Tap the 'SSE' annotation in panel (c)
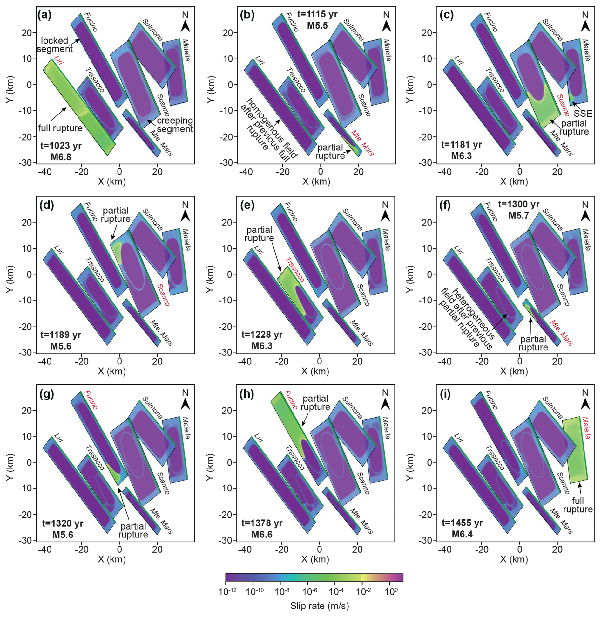[x=583, y=113]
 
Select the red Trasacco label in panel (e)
[x=295, y=270]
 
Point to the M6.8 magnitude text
[x=61, y=157]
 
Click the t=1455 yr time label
[x=462, y=523]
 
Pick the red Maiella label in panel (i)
[x=586, y=428]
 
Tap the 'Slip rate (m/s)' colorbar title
[x=319, y=606]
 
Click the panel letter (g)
[x=47, y=394]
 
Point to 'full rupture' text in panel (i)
[x=577, y=505]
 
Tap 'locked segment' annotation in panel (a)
[x=55, y=45]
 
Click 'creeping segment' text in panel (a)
[x=175, y=125]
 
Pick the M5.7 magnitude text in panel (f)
[x=518, y=215]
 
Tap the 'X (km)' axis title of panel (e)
[x=315, y=371]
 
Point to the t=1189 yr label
[x=61, y=335]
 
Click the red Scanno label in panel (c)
[x=563, y=105]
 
